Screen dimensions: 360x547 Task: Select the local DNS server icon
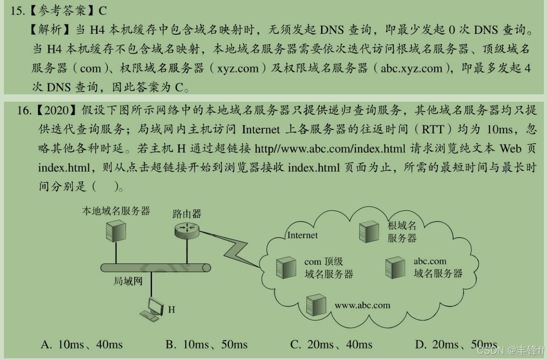[116, 230]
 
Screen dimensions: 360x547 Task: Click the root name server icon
[369, 231]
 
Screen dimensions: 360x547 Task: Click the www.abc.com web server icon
[316, 305]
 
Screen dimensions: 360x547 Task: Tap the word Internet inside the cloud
[303, 235]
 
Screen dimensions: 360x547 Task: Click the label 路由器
[187, 213]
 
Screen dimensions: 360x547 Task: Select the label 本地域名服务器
[116, 211]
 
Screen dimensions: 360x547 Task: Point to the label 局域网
[128, 281]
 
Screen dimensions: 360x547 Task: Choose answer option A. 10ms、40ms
[82, 345]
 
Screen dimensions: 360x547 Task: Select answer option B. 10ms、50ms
[206, 345]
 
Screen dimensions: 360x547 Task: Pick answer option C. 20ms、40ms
[331, 345]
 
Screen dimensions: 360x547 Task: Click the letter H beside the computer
[172, 310]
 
